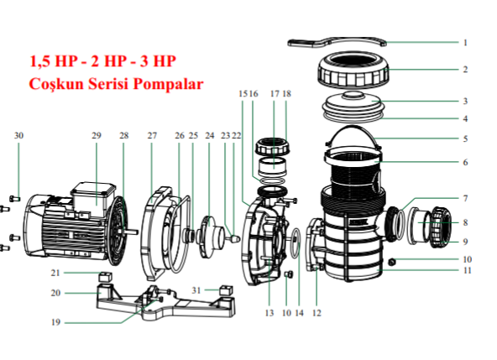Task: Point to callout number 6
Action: pos(464,162)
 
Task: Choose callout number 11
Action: pos(468,270)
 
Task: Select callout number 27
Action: pos(152,136)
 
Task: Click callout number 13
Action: pos(269,313)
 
